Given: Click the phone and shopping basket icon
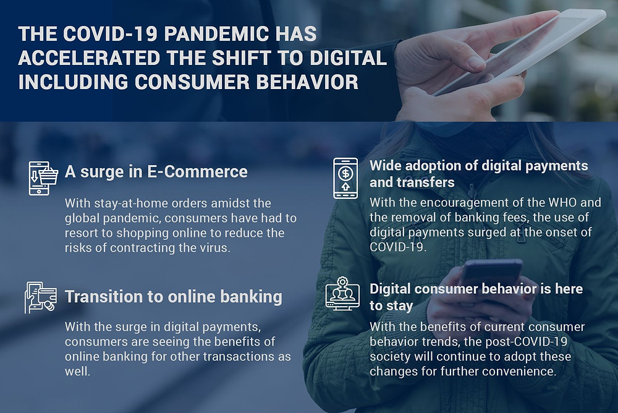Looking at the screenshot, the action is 43,178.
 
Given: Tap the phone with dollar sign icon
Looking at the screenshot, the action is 345,178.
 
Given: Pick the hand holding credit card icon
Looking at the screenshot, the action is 41,297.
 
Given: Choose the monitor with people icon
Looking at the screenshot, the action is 342,294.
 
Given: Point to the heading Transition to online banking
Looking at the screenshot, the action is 174,297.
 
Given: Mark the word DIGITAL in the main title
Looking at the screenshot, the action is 348,57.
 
